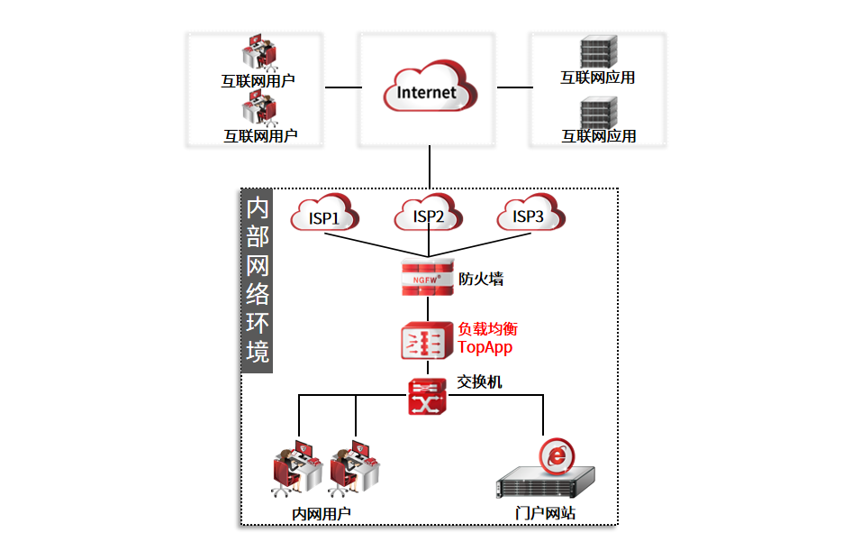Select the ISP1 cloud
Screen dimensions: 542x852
click(x=324, y=216)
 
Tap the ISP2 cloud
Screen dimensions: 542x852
click(x=429, y=216)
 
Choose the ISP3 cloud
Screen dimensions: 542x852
click(x=530, y=216)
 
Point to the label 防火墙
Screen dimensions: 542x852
click(x=481, y=279)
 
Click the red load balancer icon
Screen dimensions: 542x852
click(x=427, y=341)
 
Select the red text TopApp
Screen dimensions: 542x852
click(x=485, y=347)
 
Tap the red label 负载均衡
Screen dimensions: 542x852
click(x=488, y=329)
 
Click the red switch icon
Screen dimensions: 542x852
click(x=427, y=397)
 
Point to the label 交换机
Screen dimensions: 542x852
click(x=480, y=382)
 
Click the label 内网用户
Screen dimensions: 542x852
click(x=322, y=514)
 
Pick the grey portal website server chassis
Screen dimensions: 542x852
click(x=546, y=484)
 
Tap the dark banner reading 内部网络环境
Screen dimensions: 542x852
click(x=258, y=280)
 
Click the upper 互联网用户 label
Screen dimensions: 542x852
click(x=258, y=80)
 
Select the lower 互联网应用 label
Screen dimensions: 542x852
click(x=599, y=136)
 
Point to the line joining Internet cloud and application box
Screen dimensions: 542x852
click(x=515, y=87)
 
